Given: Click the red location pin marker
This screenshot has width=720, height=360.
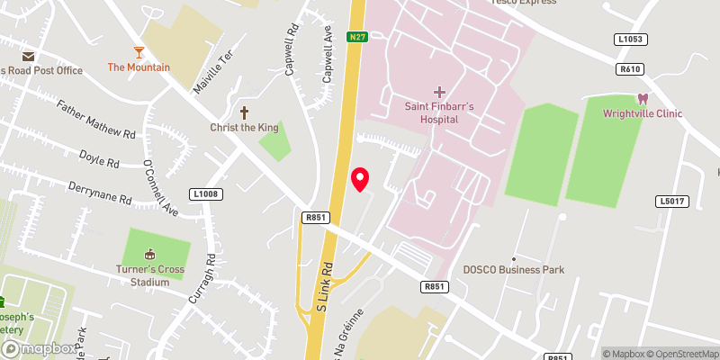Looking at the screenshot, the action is point(360,178).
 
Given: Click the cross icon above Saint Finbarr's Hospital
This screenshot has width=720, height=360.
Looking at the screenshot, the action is point(439,92).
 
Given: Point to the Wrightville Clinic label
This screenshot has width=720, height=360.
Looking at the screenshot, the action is point(643,113).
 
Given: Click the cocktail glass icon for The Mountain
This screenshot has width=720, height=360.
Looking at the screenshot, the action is point(139,51).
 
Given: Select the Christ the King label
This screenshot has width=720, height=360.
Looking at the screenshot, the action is point(243,128).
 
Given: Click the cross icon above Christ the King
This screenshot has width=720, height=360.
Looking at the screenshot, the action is point(243,112).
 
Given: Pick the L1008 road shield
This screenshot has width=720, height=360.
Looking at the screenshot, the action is point(206,194).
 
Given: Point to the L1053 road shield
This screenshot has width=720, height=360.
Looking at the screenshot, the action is point(631,40).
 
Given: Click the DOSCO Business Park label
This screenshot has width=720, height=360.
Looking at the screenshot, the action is point(513,270).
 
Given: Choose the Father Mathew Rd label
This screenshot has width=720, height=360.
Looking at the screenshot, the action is point(95,120).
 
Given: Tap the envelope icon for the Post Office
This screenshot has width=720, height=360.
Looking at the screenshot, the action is point(29,56).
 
